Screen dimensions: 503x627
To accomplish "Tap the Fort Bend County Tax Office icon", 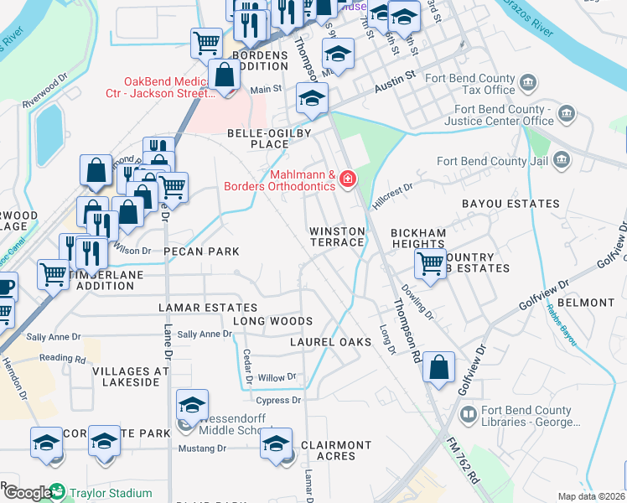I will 528,82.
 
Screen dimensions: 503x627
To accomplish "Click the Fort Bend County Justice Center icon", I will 567,113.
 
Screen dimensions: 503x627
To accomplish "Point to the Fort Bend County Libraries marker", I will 469,414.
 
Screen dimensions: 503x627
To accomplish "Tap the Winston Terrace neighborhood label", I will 337,236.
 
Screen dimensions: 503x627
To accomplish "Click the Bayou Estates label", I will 510,204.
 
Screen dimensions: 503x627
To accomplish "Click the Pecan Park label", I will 201,251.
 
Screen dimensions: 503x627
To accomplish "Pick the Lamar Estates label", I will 209,308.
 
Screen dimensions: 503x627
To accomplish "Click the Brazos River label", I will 529,23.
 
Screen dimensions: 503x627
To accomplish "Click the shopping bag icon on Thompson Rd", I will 439,366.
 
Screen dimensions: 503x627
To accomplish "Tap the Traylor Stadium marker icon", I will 57,491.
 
